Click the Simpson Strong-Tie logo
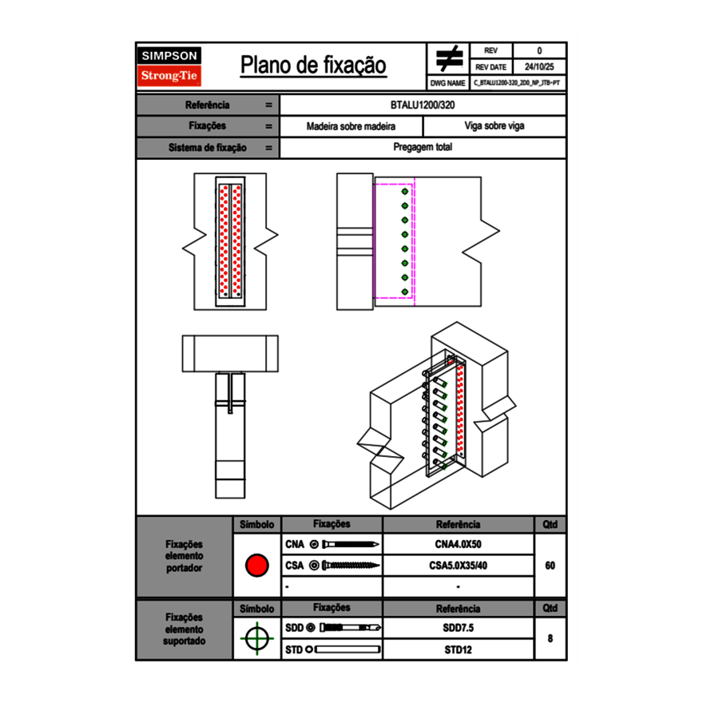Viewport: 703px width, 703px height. [x=170, y=66]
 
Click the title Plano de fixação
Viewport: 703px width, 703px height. [x=313, y=66]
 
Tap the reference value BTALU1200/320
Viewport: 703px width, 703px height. [x=423, y=105]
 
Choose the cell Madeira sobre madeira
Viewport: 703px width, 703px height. [x=351, y=126]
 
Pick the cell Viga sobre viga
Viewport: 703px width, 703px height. [x=494, y=126]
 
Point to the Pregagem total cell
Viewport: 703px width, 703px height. [x=423, y=148]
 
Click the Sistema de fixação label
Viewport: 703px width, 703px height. [x=208, y=148]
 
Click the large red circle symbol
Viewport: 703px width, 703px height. [x=256, y=566]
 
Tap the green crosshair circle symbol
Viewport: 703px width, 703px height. [x=256, y=638]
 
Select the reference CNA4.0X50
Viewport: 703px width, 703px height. [x=458, y=545]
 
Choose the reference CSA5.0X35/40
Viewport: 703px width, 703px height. [x=458, y=566]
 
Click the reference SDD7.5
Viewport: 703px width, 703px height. [x=458, y=628]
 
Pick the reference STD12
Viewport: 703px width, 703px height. [x=458, y=649]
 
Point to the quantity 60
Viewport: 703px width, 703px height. [x=550, y=566]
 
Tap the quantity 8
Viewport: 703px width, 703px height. [x=550, y=638]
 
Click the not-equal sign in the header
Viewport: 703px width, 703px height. [x=449, y=58]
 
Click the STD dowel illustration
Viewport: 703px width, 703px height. [x=345, y=649]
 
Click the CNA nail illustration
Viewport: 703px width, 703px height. [x=346, y=545]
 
